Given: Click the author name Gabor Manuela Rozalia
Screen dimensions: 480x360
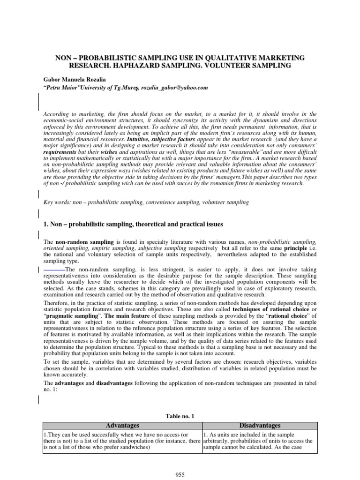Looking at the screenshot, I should click(72, 79).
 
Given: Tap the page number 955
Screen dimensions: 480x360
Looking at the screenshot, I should click(180, 474).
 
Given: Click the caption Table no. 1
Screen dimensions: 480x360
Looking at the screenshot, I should click(180, 416).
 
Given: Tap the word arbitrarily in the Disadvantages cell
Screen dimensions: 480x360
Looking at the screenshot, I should click(219, 441).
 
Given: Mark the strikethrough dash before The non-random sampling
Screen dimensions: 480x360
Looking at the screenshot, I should click(54, 269).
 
